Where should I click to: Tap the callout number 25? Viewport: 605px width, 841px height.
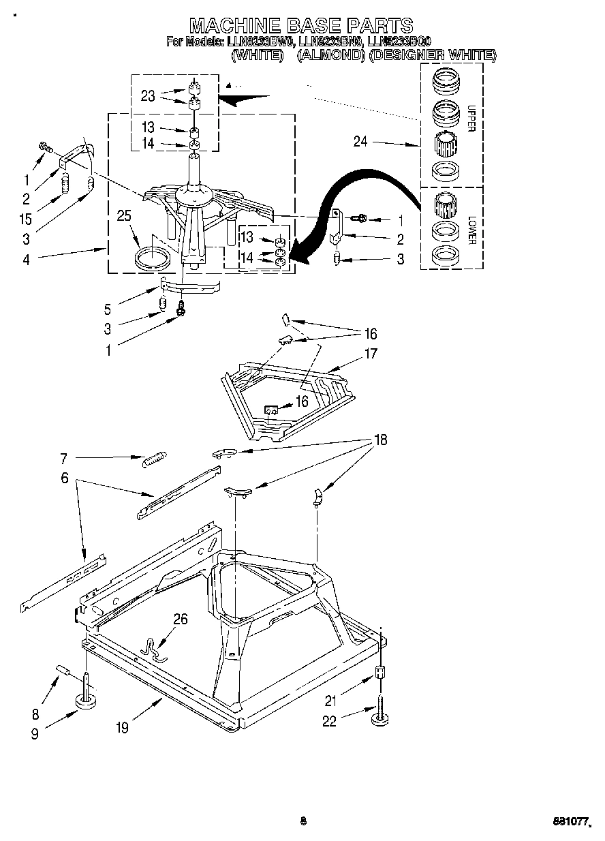click(x=123, y=217)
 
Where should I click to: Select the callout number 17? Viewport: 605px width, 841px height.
click(x=371, y=354)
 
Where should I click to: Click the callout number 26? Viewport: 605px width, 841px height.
click(x=181, y=619)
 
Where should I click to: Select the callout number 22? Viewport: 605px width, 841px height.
click(x=330, y=721)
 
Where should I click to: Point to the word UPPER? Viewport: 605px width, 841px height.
click(x=471, y=118)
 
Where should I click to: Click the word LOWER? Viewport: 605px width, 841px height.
click(x=471, y=230)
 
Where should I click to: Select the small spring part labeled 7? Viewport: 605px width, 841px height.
click(x=155, y=460)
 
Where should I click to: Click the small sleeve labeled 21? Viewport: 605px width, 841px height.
click(x=381, y=673)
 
